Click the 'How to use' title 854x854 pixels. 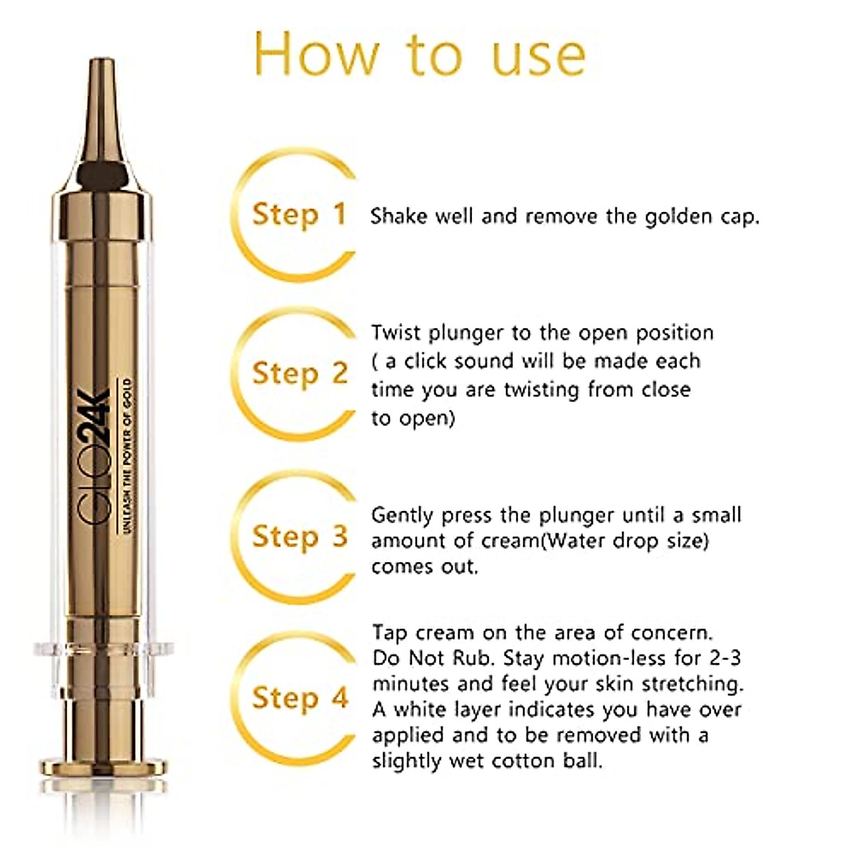coord(420,54)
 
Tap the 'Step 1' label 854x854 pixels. coord(299,214)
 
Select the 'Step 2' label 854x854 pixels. coord(299,374)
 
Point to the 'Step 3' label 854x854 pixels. coord(299,536)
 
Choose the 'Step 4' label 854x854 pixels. coord(299,697)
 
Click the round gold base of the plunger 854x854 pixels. coord(102,767)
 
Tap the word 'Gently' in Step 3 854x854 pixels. coord(403,516)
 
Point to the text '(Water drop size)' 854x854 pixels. coord(626,542)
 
